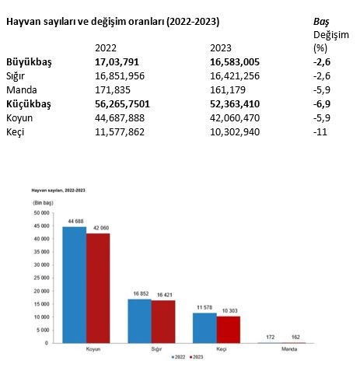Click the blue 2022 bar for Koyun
point(75,285)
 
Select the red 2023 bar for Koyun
point(98,288)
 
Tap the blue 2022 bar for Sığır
point(140,320)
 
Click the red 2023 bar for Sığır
point(163,321)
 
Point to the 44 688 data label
point(75,222)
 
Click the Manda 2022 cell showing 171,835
point(110,90)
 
